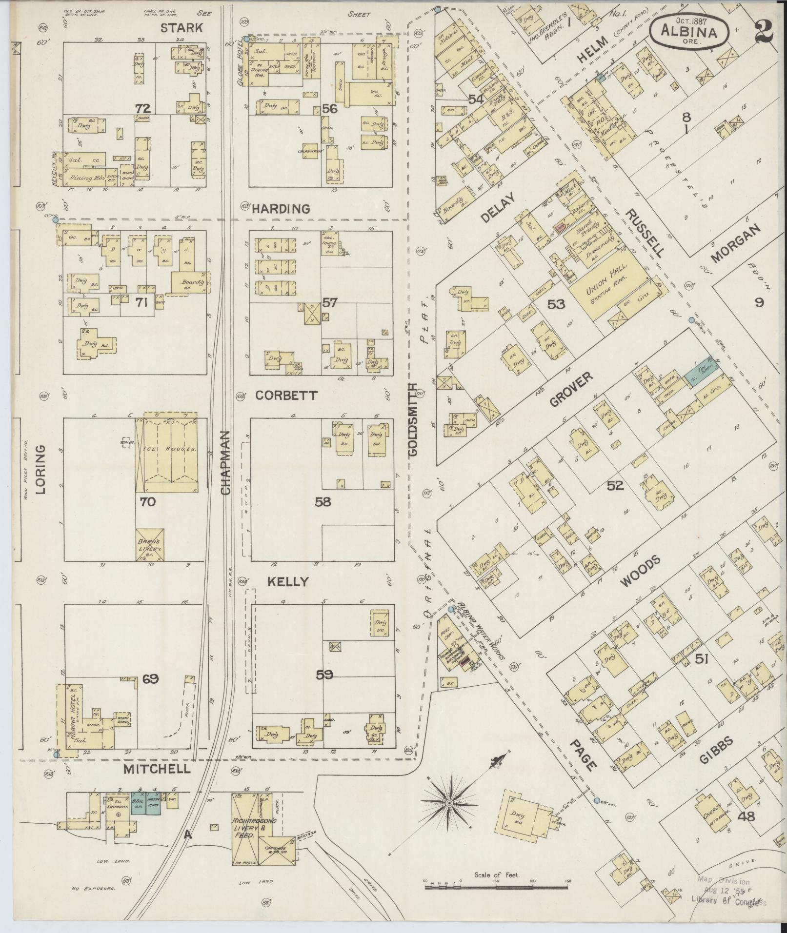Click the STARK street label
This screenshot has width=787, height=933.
[182, 28]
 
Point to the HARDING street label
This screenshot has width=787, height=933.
[281, 209]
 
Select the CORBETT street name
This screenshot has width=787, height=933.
[286, 396]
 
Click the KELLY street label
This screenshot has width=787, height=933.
[287, 581]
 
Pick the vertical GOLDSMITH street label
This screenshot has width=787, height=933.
[413, 419]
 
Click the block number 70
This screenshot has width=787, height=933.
[147, 501]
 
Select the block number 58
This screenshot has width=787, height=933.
[323, 501]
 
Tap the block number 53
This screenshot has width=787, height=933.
[556, 304]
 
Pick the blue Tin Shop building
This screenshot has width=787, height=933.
[698, 375]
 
